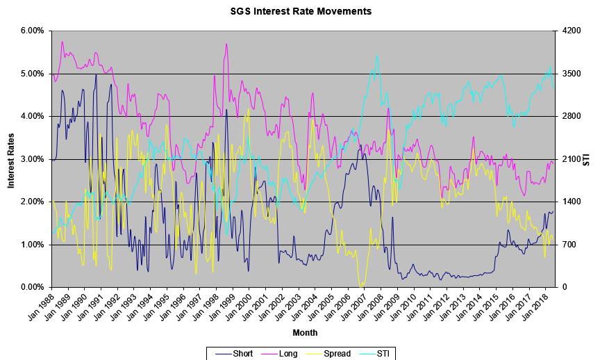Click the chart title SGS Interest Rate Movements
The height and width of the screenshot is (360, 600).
click(301, 11)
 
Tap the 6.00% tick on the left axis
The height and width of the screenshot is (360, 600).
click(32, 31)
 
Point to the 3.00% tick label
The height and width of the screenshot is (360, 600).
click(32, 159)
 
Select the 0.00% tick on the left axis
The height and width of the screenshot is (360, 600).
click(32, 287)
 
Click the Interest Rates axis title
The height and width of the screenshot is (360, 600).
click(11, 159)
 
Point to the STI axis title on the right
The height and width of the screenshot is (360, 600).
click(587, 159)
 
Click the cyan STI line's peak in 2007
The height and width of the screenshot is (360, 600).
click(377, 56)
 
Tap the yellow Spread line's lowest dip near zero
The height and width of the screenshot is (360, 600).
click(361, 286)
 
